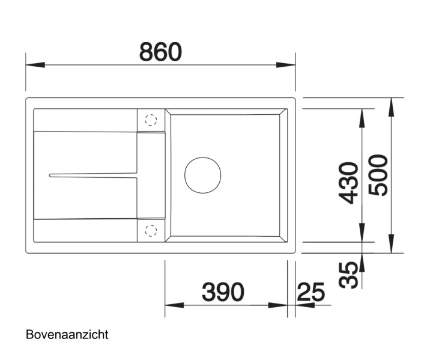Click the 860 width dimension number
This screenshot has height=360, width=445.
click(160, 52)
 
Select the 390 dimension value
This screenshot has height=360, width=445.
click(223, 292)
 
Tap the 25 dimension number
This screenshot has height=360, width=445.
click(311, 292)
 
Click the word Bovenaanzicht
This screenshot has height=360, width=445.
click(67, 333)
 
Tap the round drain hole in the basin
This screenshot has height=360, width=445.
click(203, 175)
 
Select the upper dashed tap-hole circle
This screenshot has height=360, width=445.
click(151, 120)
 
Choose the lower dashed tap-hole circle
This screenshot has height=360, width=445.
click(151, 230)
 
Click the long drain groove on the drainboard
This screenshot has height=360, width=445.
click(93, 175)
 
